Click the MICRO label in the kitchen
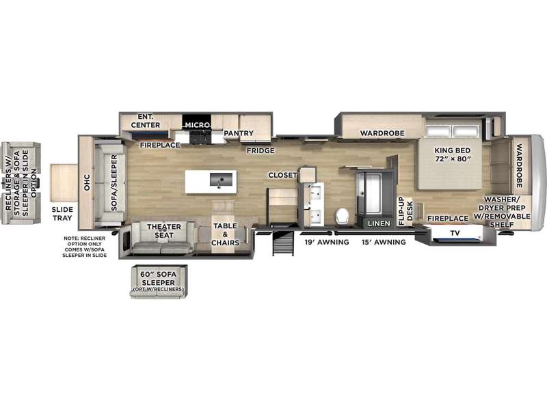coord(197,124)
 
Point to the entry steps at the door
coord(283,243)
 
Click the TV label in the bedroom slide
coord(455,233)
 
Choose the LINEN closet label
coord(379,223)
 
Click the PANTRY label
coord(239,133)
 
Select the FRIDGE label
coord(261,150)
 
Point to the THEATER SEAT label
coord(163,231)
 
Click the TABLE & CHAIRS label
coord(225,234)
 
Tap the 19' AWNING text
coord(327,242)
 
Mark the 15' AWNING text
coord(384,242)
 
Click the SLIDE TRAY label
coord(62,213)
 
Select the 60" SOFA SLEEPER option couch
coord(159,282)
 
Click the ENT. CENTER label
coord(146,121)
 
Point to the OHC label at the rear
coord(87,182)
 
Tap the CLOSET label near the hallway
coord(282,175)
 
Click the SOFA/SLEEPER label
coord(114,182)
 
